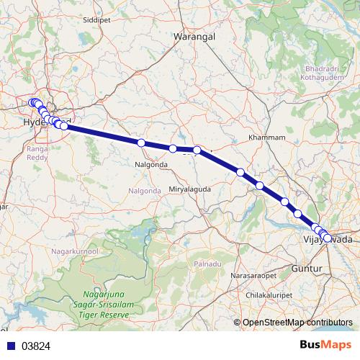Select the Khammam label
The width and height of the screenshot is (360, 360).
[x=266, y=137]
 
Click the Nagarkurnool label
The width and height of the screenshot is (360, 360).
[x=73, y=251]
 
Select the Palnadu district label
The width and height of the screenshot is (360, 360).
[x=207, y=264]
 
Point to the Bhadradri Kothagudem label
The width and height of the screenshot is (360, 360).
[x=317, y=73]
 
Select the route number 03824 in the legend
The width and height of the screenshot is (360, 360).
[x=35, y=346]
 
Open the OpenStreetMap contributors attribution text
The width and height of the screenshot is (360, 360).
[x=297, y=323]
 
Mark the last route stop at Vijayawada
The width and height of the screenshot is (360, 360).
[x=328, y=238]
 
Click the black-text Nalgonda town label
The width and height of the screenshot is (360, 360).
[x=150, y=164]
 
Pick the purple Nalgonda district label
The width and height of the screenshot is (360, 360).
[x=145, y=191]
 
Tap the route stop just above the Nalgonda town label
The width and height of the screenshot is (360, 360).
[x=141, y=143]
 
